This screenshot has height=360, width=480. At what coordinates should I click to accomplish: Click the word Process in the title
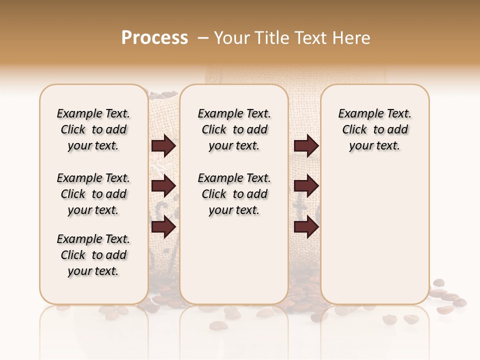(154, 38)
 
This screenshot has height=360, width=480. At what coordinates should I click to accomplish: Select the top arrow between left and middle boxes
(163, 145)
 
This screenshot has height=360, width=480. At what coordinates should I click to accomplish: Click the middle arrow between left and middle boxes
(163, 186)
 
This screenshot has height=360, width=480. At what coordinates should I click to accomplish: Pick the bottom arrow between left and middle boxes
(163, 226)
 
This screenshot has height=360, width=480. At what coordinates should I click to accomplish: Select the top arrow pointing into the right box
(306, 145)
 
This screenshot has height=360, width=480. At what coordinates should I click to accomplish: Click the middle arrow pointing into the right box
(306, 186)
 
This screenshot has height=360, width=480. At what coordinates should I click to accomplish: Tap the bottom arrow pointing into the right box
(306, 226)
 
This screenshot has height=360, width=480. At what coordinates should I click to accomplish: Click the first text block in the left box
(93, 129)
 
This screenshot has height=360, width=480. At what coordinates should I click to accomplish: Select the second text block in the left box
(93, 194)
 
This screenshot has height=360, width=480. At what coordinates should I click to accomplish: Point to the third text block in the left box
(93, 255)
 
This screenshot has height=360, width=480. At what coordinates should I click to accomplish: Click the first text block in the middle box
(234, 129)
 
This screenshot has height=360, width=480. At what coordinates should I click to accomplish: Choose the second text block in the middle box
(234, 194)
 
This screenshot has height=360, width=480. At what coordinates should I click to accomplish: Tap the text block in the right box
(375, 129)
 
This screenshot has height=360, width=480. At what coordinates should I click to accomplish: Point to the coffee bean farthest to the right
(460, 302)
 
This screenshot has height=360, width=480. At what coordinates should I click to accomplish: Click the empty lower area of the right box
(375, 235)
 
